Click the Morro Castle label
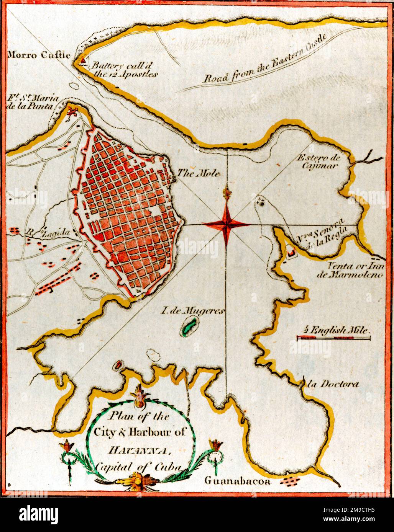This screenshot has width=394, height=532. click(39, 55)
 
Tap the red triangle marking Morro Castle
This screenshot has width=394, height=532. click(82, 60)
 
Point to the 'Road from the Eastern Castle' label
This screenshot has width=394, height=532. click(264, 62)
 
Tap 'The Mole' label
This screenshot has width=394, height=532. click(199, 173)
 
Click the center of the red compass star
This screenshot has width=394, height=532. click(227, 224)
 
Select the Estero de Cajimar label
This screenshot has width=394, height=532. click(318, 161)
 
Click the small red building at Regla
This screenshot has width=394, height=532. click(291, 252)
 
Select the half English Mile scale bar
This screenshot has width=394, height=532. click(334, 338)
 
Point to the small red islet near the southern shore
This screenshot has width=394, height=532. click(118, 365)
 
